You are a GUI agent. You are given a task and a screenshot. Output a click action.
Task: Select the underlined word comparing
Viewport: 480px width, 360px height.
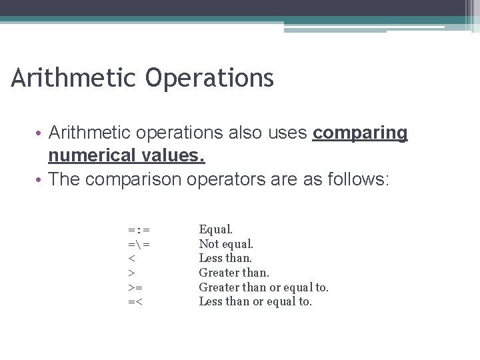click(x=360, y=133)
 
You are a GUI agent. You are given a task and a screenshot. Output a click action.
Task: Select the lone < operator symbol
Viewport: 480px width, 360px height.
click(x=131, y=259)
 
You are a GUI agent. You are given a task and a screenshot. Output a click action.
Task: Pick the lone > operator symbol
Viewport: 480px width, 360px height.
click(x=131, y=273)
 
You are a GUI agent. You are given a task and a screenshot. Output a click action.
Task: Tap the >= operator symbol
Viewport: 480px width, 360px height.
click(x=135, y=287)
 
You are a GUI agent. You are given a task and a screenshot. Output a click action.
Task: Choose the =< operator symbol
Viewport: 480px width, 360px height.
click(x=135, y=302)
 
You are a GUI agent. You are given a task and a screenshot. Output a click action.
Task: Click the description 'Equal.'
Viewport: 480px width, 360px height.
click(x=216, y=230)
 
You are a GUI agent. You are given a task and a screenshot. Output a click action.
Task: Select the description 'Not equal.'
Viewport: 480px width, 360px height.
click(x=226, y=244)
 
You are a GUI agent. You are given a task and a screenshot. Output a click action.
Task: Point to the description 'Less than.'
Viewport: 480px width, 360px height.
click(x=225, y=258)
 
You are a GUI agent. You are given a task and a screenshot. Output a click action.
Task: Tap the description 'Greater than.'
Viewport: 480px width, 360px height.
click(x=234, y=273)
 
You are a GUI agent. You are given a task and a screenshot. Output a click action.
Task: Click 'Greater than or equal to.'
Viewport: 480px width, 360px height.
click(x=263, y=287)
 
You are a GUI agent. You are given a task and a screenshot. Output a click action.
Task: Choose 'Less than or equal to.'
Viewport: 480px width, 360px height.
click(x=255, y=301)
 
